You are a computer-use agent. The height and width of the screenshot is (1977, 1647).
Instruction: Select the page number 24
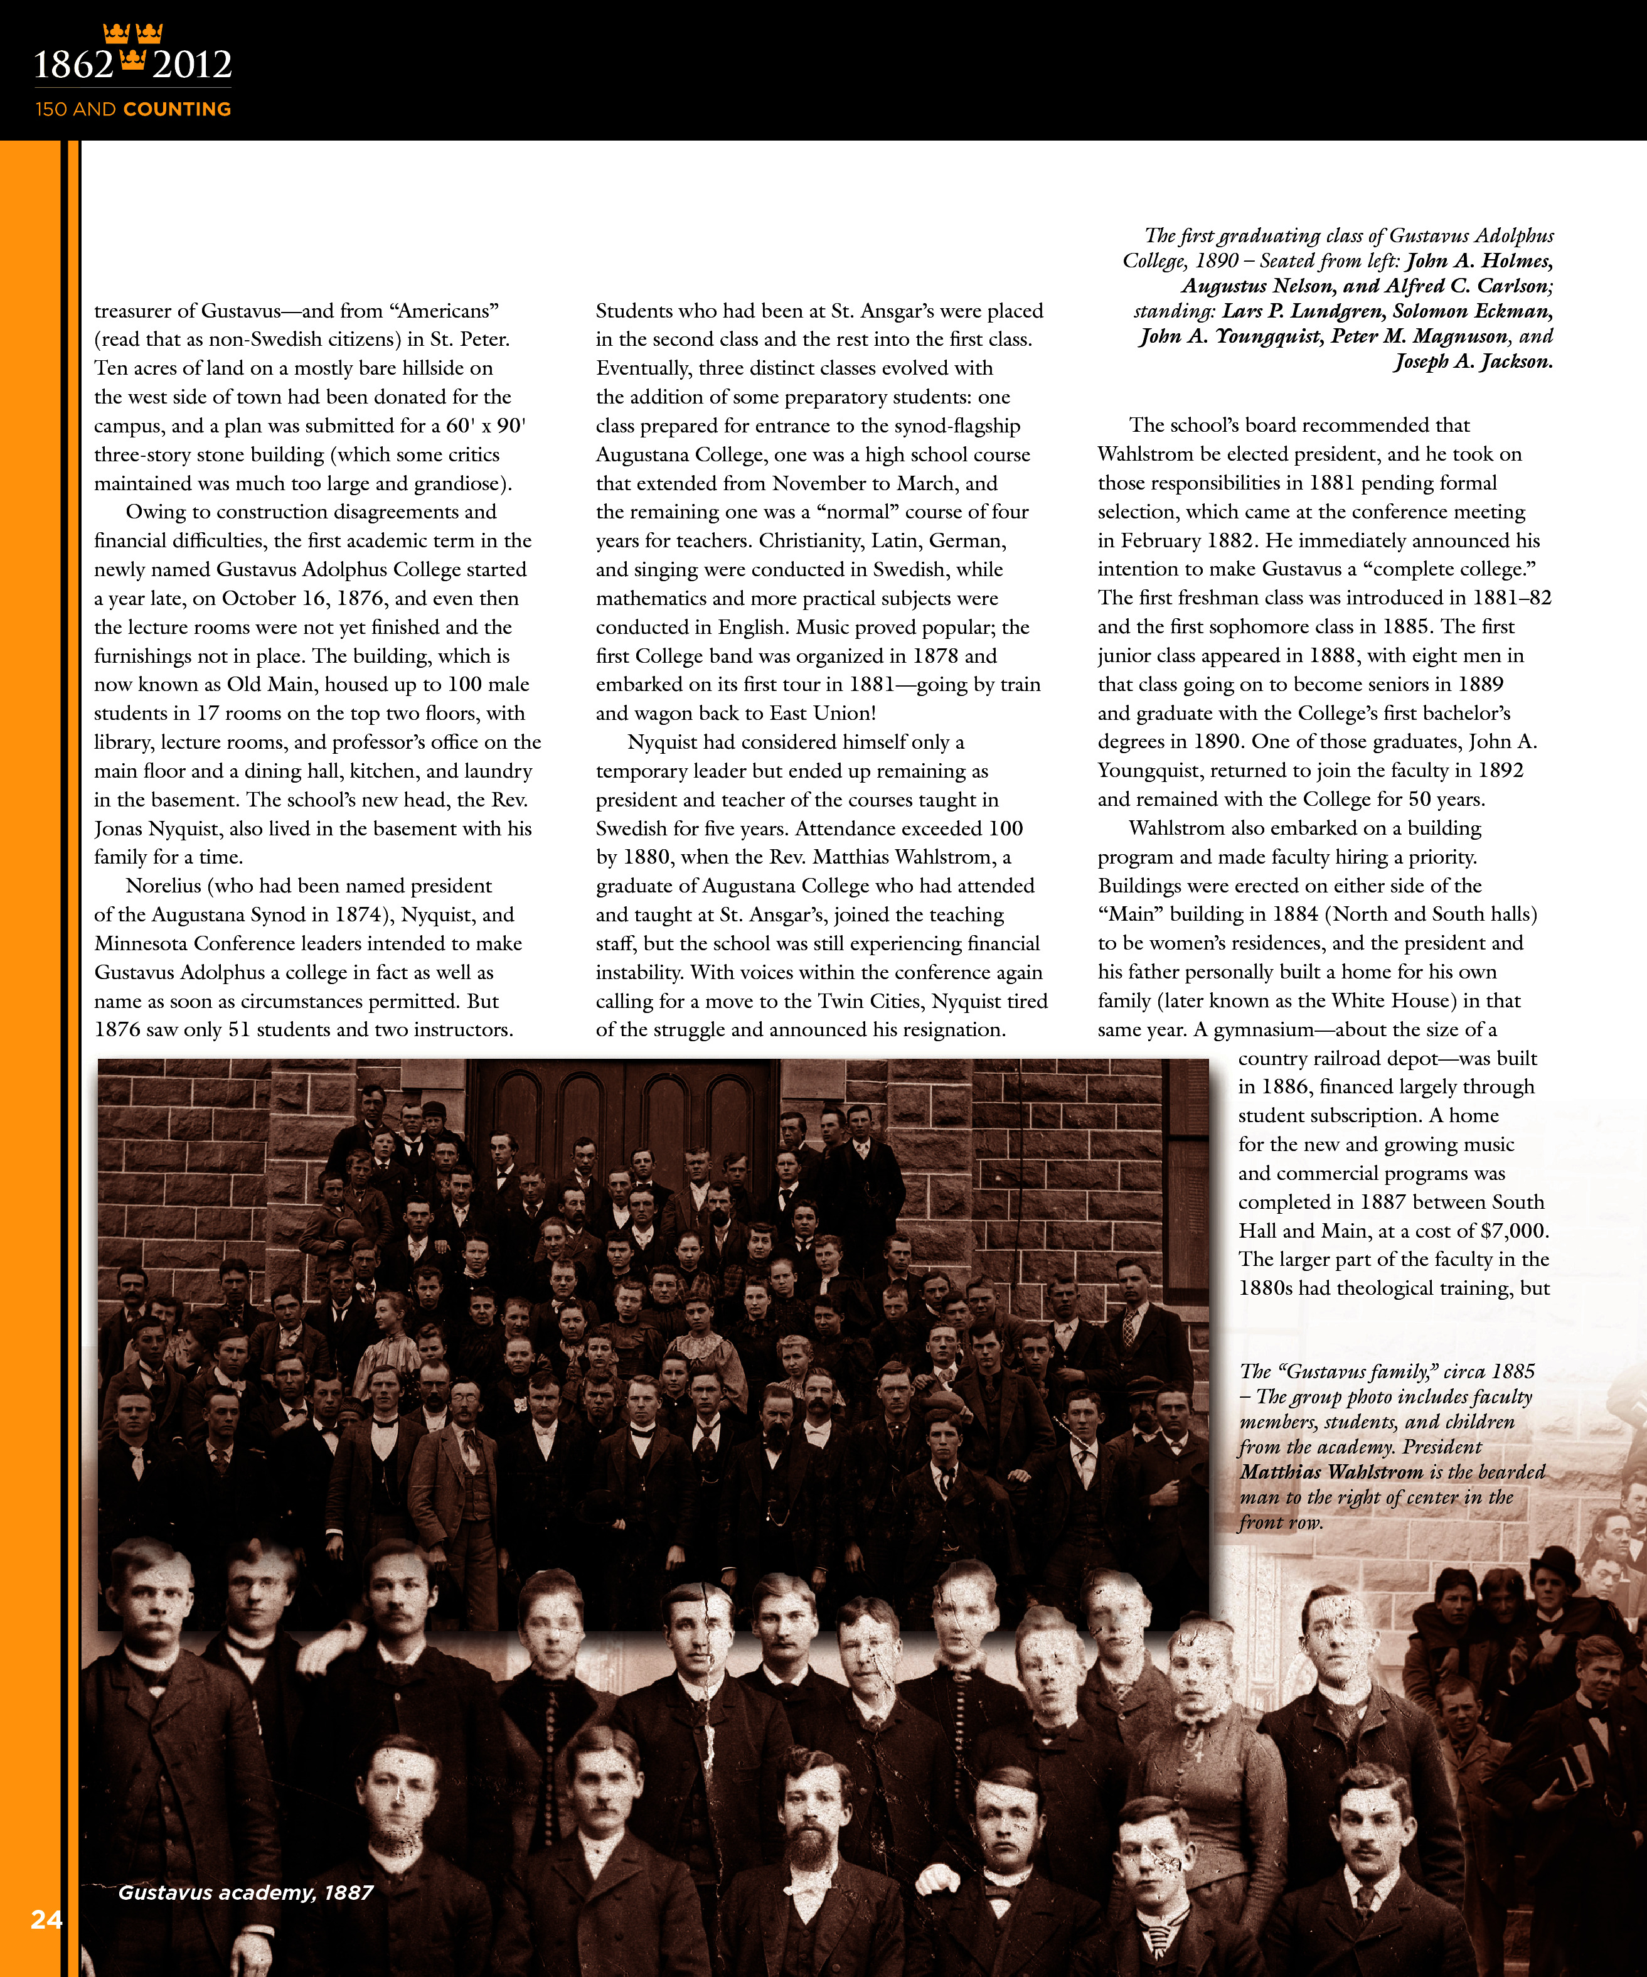46,1919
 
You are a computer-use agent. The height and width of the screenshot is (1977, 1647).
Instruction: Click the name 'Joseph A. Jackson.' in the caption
1473,362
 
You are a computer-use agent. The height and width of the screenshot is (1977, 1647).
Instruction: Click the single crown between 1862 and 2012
133,62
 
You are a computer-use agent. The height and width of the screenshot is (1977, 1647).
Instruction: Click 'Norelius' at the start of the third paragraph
164,886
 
